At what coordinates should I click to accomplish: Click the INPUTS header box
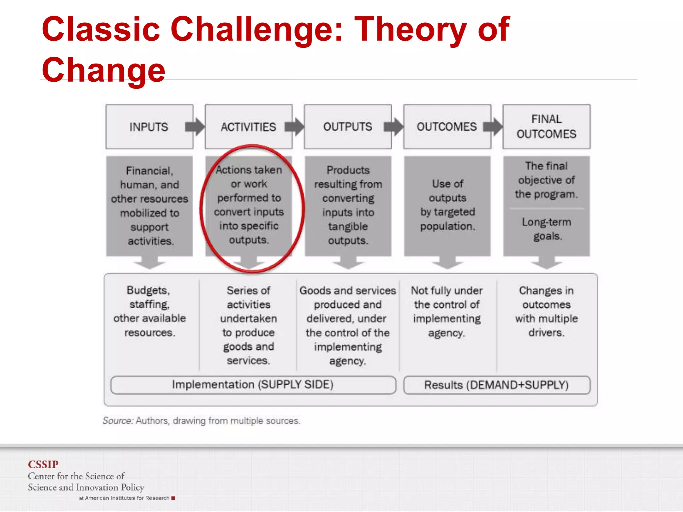tap(149, 127)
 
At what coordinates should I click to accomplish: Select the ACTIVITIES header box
tap(248, 127)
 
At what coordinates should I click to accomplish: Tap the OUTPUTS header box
tap(348, 127)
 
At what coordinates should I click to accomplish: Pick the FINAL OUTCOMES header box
tap(546, 127)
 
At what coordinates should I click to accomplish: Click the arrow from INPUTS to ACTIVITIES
tap(195, 127)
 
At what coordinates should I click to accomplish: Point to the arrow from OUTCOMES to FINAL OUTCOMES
tap(493, 127)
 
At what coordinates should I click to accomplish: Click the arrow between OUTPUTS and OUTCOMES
tap(394, 127)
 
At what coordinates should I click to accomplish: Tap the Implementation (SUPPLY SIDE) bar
tap(253, 385)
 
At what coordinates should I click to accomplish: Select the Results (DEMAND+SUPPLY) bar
tap(496, 385)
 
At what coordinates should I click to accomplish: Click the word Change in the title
tap(103, 70)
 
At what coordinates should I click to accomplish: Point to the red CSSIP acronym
tap(43, 464)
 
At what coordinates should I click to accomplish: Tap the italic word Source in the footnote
tap(117, 421)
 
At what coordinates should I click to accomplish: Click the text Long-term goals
tap(546, 229)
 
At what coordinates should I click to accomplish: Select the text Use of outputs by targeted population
tap(447, 205)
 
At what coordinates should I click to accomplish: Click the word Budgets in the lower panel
tap(148, 290)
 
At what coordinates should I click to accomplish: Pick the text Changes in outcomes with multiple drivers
tap(546, 311)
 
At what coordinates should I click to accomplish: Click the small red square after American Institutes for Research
tap(173, 498)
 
